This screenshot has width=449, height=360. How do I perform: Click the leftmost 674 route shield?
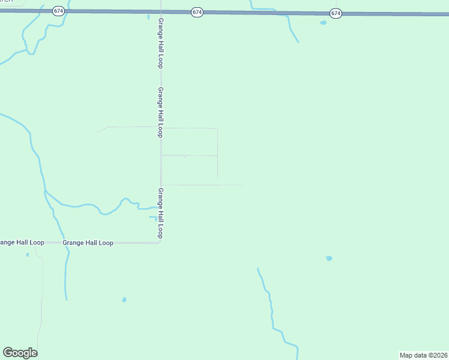58,11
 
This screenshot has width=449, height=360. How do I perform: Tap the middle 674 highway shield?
197,12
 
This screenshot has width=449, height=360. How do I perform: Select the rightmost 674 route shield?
336,13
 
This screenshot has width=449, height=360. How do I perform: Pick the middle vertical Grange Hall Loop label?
160,112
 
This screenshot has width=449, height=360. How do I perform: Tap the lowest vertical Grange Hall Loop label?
160,212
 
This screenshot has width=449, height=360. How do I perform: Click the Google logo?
20,353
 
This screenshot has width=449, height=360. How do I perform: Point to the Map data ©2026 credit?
423,355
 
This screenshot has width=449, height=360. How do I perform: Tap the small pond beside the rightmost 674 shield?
323,23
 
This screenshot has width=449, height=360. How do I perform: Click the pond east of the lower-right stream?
329,259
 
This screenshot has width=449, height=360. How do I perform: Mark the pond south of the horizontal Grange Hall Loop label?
124,299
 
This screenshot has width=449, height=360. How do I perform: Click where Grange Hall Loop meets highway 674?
161,11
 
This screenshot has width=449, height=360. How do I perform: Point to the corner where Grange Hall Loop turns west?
160,242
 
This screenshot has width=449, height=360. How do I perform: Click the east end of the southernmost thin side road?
243,185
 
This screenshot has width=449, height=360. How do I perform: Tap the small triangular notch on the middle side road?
185,157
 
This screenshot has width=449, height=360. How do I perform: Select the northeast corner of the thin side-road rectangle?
217,128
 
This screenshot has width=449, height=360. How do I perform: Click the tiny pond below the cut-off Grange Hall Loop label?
28,255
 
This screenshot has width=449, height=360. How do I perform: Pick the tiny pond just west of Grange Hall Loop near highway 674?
148,17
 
